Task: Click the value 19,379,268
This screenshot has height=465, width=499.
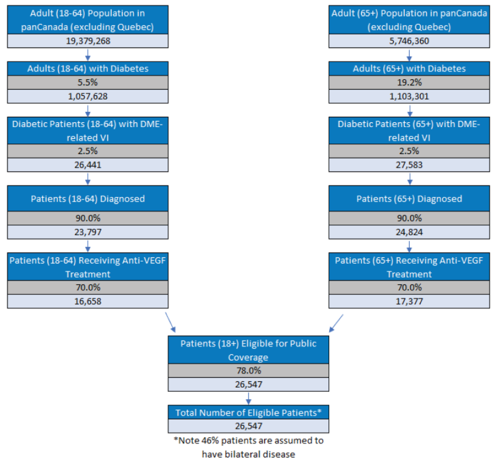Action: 88,41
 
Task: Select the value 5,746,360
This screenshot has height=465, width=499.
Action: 409,41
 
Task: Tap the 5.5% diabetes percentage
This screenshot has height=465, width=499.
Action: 88,82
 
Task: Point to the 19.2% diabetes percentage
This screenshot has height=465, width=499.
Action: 409,82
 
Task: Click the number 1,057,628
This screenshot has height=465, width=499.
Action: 88,96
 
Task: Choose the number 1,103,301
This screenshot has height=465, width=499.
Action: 409,96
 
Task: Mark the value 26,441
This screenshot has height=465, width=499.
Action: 88,165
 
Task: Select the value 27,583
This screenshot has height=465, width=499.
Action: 409,165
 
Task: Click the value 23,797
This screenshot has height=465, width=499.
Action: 88,232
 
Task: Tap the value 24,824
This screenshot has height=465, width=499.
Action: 409,232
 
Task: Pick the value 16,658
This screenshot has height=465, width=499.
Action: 88,301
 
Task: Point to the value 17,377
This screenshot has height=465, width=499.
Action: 409,301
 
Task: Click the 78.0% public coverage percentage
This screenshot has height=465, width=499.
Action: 248,371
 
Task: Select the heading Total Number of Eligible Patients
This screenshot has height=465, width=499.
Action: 248,413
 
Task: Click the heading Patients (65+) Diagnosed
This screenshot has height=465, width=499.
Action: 409,199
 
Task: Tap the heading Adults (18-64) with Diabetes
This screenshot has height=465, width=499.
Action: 88,68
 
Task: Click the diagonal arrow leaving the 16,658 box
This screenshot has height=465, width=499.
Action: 170,323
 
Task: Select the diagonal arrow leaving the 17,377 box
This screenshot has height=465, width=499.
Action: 336,323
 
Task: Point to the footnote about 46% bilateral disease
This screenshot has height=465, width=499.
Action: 248,447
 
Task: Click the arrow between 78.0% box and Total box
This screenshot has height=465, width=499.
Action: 248,398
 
